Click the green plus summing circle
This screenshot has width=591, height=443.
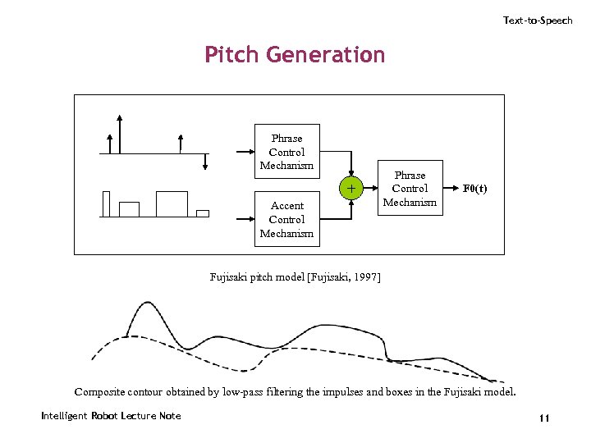click(x=351, y=189)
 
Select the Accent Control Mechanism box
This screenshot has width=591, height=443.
click(x=286, y=219)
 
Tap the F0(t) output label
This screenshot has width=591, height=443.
click(x=474, y=188)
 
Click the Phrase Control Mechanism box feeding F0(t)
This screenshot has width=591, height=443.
click(x=410, y=188)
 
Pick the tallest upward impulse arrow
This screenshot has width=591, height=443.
click(x=121, y=131)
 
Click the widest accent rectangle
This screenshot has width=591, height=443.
click(x=172, y=203)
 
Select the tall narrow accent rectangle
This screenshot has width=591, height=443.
click(x=106, y=203)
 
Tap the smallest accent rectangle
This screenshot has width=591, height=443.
click(x=203, y=213)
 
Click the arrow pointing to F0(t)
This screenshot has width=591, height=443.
click(x=450, y=188)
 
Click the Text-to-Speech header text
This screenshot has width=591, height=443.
click(x=538, y=21)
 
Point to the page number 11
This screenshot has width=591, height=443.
click(x=543, y=419)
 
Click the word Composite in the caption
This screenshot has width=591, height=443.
click(x=100, y=391)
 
